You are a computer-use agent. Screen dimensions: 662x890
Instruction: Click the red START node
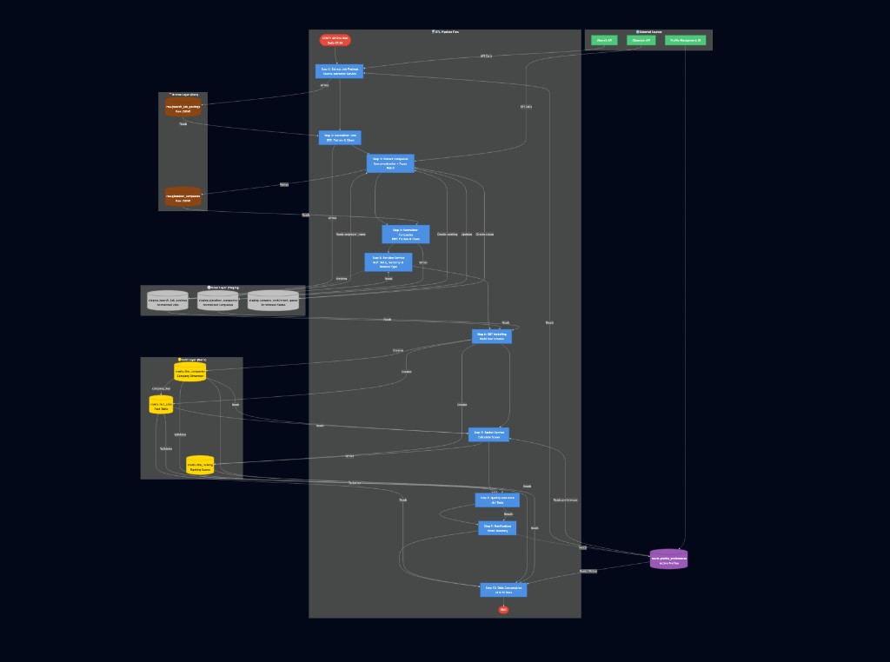pyautogui.click(x=335, y=40)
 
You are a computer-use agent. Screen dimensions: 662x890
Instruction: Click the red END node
pyautogui.click(x=503, y=610)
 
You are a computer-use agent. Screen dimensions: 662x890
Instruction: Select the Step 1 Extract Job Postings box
pyautogui.click(x=339, y=71)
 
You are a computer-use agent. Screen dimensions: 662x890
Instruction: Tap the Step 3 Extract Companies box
pyautogui.click(x=390, y=163)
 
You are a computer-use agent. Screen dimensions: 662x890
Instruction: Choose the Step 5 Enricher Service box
pyautogui.click(x=388, y=261)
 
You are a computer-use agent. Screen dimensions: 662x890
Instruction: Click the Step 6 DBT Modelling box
pyautogui.click(x=492, y=336)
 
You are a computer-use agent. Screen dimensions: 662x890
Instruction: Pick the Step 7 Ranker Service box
pyautogui.click(x=488, y=434)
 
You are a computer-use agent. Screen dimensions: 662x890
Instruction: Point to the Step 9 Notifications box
pyautogui.click(x=497, y=527)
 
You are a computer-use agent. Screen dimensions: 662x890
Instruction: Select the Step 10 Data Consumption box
pyautogui.click(x=503, y=590)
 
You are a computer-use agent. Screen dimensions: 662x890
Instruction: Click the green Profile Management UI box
pyautogui.click(x=685, y=40)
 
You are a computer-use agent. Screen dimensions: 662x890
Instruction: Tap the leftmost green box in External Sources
pyautogui.click(x=604, y=40)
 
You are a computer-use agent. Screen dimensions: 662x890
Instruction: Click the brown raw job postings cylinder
pyautogui.click(x=183, y=109)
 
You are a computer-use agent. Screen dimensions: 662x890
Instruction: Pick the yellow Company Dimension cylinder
pyautogui.click(x=190, y=373)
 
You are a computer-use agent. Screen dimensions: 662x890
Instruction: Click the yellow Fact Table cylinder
pyautogui.click(x=162, y=405)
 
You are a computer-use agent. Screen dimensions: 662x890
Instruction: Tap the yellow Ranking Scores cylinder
pyautogui.click(x=200, y=466)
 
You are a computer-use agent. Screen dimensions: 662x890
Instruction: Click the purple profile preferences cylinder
pyautogui.click(x=668, y=559)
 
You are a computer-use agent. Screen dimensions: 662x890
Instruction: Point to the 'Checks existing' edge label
pyautogui.click(x=447, y=234)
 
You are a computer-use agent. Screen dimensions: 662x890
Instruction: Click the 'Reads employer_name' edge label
pyautogui.click(x=351, y=234)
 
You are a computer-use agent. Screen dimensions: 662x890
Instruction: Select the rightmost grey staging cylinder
pyautogui.click(x=273, y=301)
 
